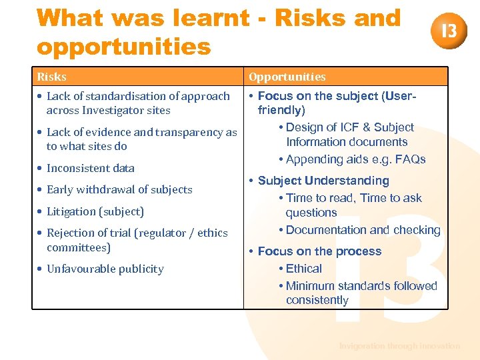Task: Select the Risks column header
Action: [x=51, y=77]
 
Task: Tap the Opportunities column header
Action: [x=287, y=77]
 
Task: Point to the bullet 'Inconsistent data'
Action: [x=90, y=168]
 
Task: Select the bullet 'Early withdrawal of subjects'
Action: [x=119, y=189]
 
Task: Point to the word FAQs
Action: [x=410, y=159]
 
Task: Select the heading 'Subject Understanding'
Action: [x=323, y=181]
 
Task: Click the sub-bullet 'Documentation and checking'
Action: [x=363, y=230]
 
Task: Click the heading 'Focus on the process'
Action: [x=319, y=251]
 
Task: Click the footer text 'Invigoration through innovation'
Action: [x=399, y=346]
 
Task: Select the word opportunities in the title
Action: [x=123, y=47]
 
